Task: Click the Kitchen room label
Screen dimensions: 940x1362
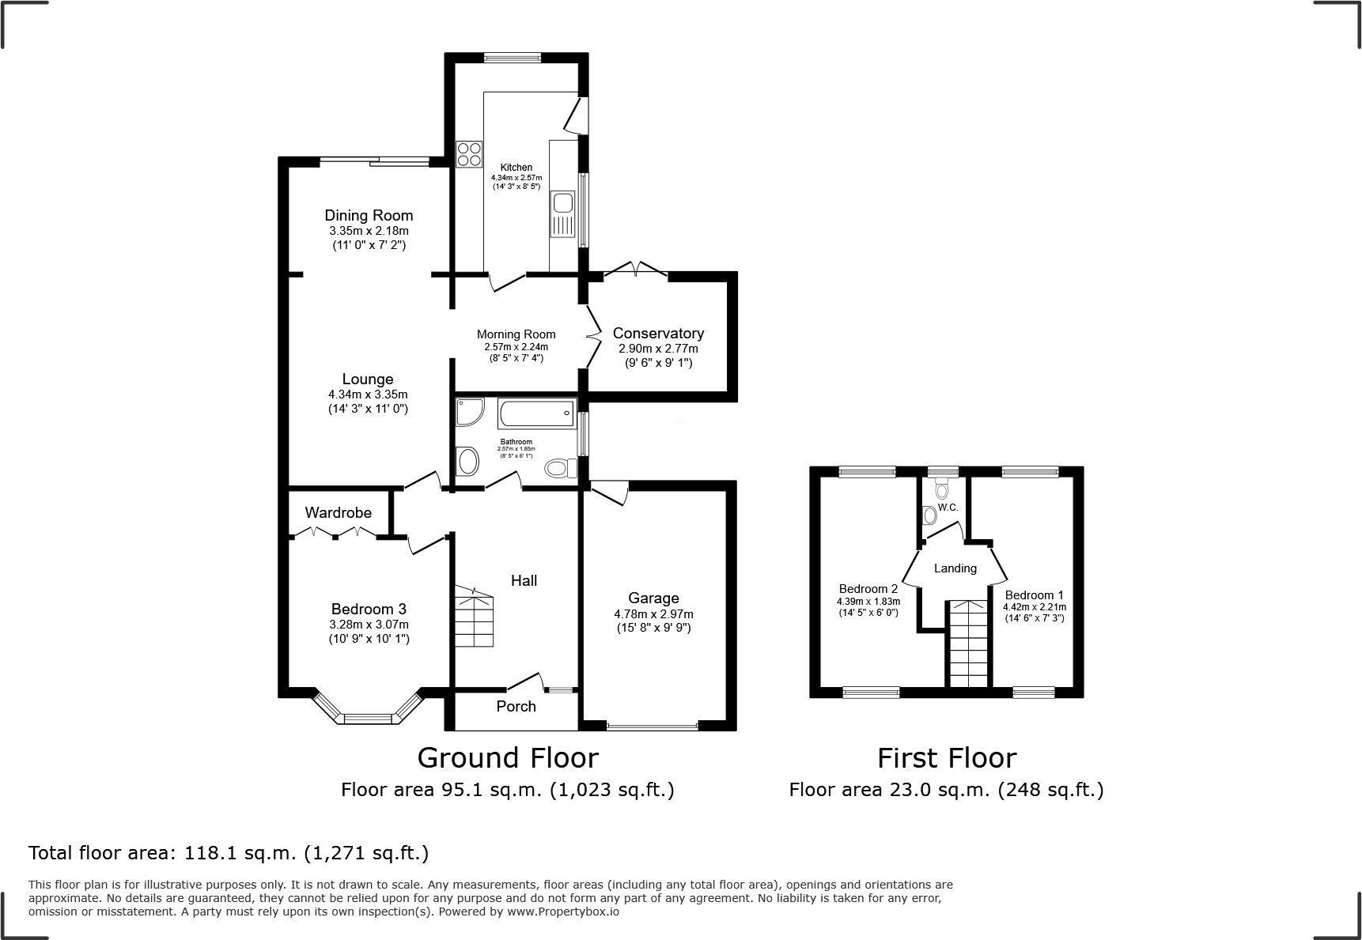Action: (516, 168)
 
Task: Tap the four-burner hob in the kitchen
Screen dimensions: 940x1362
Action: (469, 153)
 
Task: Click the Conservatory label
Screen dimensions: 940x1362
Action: (658, 333)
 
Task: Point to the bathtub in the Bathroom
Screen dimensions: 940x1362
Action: (535, 413)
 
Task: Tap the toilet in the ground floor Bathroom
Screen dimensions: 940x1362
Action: (561, 469)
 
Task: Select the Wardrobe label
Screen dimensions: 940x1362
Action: (338, 512)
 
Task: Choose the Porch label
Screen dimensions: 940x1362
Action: (516, 706)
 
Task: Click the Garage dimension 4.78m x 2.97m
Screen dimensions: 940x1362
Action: (653, 614)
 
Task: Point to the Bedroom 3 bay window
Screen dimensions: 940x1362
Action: (368, 714)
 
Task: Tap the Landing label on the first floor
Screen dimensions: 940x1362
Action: (955, 568)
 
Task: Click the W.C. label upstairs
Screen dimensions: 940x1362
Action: (948, 508)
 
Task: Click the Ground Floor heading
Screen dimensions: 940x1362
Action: (507, 757)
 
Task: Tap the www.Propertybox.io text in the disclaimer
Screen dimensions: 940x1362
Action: (562, 912)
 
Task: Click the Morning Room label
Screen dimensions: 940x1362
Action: (516, 334)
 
